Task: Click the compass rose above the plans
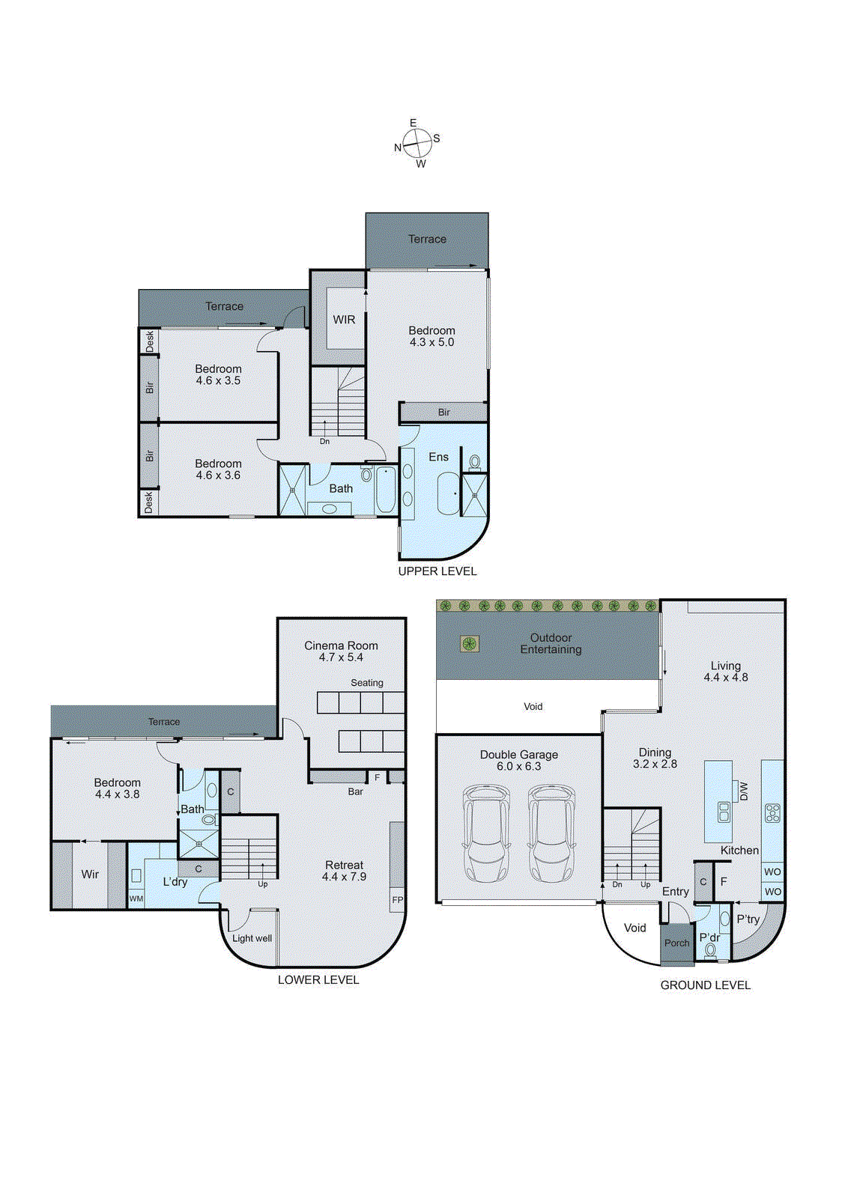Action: tap(417, 142)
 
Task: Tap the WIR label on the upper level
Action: tap(344, 320)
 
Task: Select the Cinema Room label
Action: tap(341, 645)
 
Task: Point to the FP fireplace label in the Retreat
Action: tap(397, 900)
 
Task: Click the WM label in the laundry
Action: tap(136, 898)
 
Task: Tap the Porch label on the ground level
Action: tap(676, 943)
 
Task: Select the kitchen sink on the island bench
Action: tap(724, 812)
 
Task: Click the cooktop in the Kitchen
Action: tap(772, 812)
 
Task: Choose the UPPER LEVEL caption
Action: tap(437, 571)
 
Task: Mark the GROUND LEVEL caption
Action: tap(705, 985)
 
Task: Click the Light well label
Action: tap(252, 938)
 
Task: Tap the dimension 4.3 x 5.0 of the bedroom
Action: tap(431, 342)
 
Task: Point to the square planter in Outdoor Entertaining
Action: tap(470, 643)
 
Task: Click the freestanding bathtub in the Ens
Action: tap(449, 493)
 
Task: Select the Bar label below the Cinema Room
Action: tap(355, 791)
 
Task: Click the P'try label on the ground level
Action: tap(748, 919)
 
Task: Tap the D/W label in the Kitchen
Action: tap(744, 791)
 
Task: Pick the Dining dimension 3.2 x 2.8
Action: tap(655, 764)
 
